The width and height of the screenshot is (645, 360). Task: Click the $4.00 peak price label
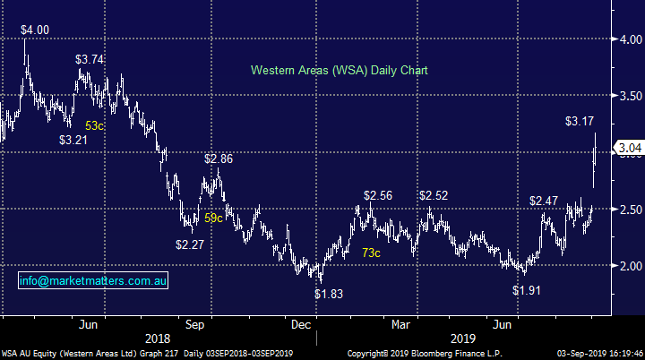[36, 30]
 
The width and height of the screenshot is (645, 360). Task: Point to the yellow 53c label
[95, 125]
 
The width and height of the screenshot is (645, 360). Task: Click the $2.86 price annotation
[219, 159]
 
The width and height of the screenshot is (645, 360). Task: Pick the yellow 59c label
[215, 217]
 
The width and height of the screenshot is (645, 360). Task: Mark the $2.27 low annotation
[190, 244]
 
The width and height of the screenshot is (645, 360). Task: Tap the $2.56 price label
[379, 195]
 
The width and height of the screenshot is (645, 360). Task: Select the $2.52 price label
[434, 195]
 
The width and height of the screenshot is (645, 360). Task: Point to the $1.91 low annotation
[527, 291]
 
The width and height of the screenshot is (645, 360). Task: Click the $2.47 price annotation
[544, 201]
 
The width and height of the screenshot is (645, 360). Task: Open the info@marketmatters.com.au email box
[93, 282]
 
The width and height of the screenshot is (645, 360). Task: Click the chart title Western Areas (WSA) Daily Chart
[339, 69]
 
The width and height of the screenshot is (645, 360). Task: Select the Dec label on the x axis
[301, 323]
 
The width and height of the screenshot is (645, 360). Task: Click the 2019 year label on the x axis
[463, 339]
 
